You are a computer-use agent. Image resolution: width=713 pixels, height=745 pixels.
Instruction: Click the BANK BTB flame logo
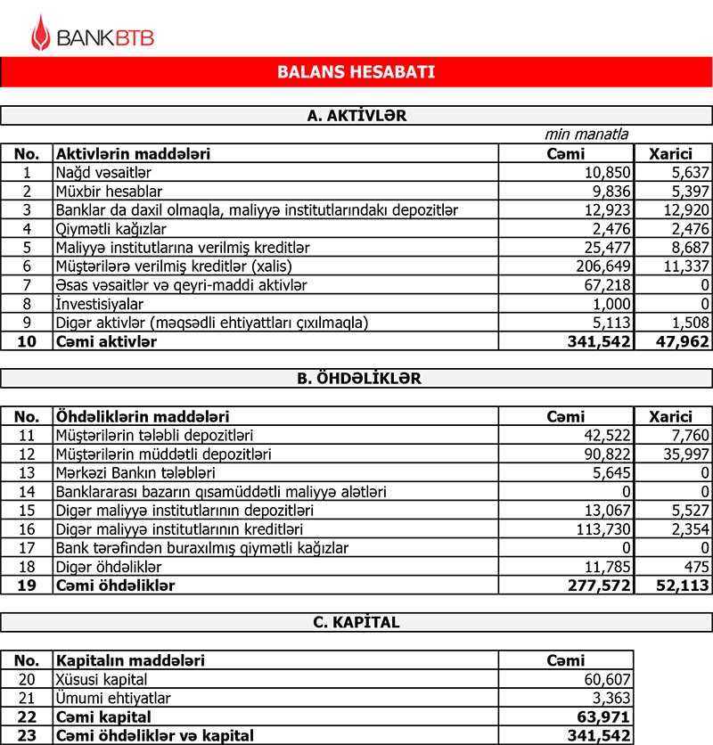tap(41, 33)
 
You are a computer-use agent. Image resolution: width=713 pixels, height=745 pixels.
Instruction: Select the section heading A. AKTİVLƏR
tap(356, 115)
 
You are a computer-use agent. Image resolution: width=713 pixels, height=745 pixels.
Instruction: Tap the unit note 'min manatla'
tap(586, 135)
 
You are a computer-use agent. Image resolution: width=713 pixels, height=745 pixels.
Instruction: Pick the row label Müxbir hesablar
tap(109, 191)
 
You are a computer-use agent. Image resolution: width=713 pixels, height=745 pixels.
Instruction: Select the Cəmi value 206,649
tap(602, 266)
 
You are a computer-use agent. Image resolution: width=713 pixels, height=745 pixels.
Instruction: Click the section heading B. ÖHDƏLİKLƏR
tap(356, 378)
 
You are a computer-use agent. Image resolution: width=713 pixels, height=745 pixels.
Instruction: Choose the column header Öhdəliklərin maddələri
tap(143, 416)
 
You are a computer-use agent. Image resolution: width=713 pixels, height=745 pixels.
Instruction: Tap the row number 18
tap(27, 566)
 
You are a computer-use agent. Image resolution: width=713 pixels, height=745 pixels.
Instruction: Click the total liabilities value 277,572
tap(599, 585)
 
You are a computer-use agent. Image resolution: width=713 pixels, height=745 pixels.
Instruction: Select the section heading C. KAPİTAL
tap(356, 623)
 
